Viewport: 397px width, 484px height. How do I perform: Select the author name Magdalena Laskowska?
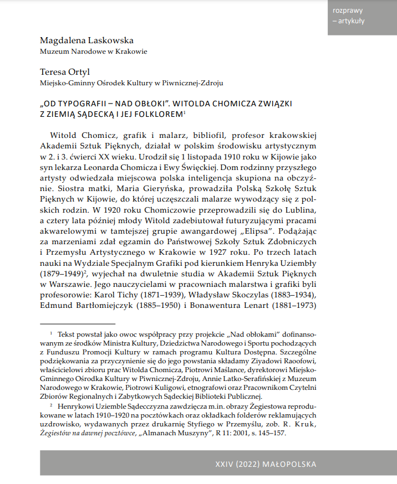click(x=86, y=40)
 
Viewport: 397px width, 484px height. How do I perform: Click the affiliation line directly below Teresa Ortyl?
click(x=131, y=83)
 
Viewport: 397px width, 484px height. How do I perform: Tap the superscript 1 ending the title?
click(x=184, y=112)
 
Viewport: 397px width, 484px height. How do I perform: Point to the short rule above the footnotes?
click(x=78, y=323)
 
